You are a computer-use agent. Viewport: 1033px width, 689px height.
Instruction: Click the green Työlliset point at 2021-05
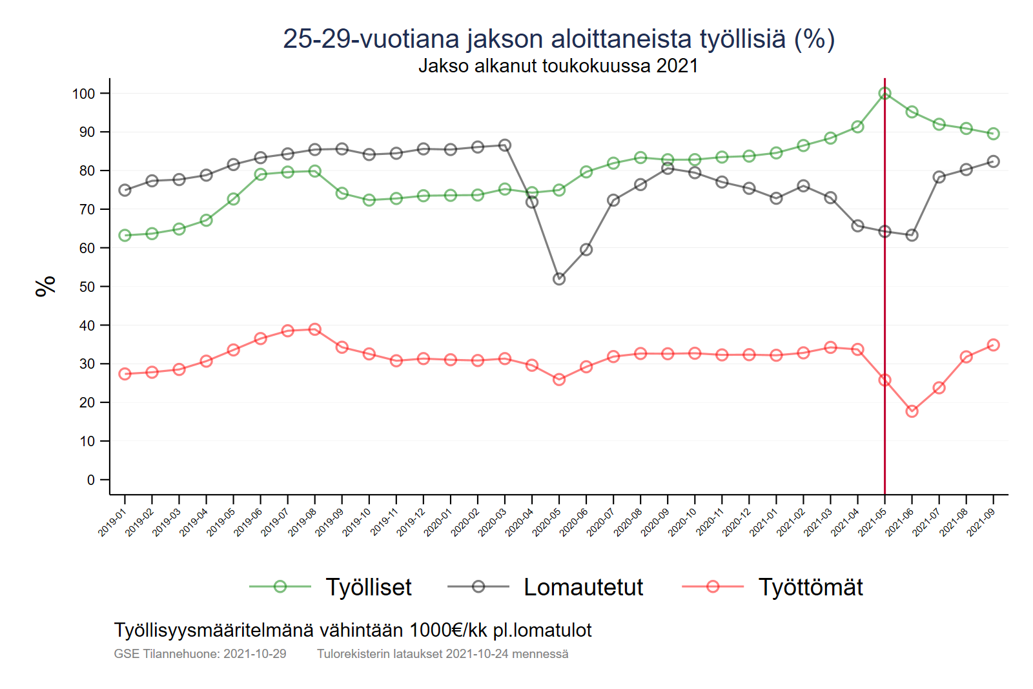click(x=885, y=94)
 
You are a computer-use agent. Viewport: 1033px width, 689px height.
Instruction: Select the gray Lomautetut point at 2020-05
click(x=559, y=279)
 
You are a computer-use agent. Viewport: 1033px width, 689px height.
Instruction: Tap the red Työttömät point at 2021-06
click(x=912, y=411)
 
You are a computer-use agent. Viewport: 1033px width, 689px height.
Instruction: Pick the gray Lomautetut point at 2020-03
click(x=505, y=145)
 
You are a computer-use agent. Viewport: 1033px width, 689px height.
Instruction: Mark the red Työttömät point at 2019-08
click(x=315, y=329)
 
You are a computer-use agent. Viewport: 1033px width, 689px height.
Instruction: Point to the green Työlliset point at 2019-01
click(x=125, y=236)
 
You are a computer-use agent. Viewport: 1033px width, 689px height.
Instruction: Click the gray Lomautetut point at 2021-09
click(x=993, y=161)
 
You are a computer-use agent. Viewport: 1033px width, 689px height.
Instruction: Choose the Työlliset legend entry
click(x=368, y=587)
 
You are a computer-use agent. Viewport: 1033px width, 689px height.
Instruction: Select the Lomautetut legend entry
click(x=583, y=587)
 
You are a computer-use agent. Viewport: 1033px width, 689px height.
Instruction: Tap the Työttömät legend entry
click(x=810, y=587)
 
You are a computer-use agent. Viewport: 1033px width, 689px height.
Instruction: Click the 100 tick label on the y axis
click(x=83, y=94)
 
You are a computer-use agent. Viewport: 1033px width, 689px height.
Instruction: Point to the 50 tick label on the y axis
click(x=87, y=287)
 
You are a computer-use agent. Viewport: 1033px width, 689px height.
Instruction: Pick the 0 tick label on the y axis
click(x=91, y=480)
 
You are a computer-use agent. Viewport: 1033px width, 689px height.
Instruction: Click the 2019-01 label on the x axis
click(x=112, y=522)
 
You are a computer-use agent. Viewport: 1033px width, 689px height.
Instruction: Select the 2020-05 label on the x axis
click(x=546, y=522)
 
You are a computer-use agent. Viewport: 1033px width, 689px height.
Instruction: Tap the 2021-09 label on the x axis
click(x=981, y=522)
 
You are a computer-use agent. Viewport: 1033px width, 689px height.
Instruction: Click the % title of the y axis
click(x=46, y=286)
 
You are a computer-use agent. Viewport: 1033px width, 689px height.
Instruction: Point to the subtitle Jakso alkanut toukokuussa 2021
click(x=558, y=66)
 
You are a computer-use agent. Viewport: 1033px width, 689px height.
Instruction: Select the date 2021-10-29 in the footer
click(x=254, y=653)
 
